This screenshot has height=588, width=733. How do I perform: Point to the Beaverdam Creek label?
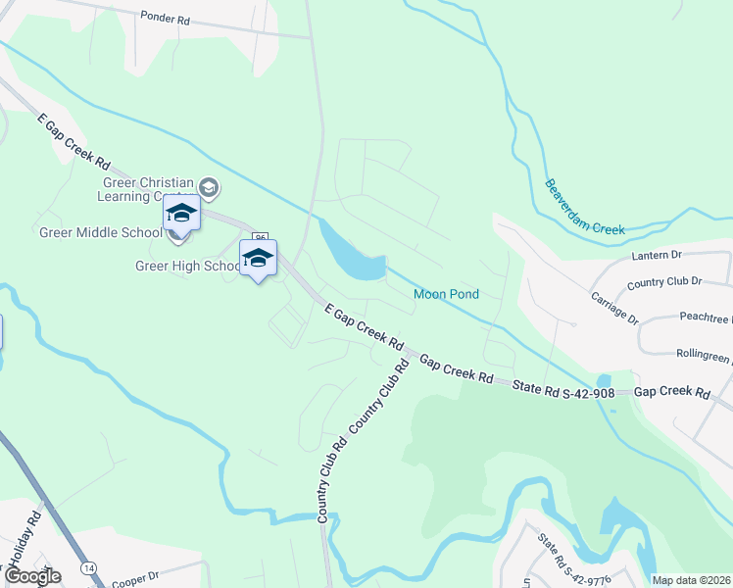pyautogui.click(x=584, y=207)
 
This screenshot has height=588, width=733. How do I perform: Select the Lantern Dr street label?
pyautogui.click(x=659, y=255)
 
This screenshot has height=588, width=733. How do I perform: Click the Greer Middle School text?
pyautogui.click(x=99, y=233)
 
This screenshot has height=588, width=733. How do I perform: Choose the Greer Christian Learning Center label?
pyautogui.click(x=146, y=188)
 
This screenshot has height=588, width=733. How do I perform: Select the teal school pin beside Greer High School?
pyautogui.click(x=258, y=258)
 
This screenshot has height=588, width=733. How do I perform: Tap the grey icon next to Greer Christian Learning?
pyautogui.click(x=208, y=186)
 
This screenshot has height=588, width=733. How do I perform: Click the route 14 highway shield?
pyautogui.click(x=89, y=568)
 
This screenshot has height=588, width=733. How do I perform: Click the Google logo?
pyautogui.click(x=32, y=576)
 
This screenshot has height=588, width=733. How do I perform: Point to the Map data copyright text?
pyautogui.click(x=692, y=580)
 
